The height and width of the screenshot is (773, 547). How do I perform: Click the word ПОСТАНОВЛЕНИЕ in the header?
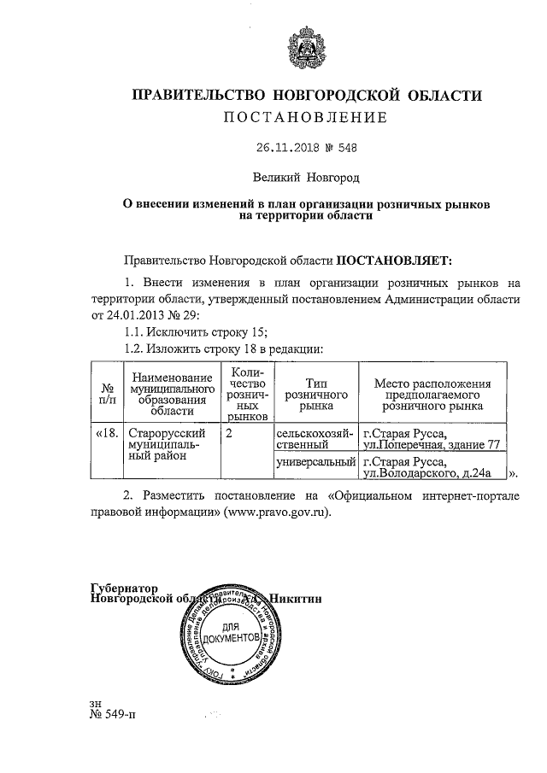[306, 117]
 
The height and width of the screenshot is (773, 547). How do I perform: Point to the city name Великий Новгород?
[306, 178]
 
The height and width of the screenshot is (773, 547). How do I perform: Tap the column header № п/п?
[108, 391]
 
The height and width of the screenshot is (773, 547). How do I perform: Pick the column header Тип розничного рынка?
[309, 391]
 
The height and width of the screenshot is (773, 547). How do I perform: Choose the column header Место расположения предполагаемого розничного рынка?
[433, 391]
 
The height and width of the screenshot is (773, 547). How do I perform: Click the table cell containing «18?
[107, 434]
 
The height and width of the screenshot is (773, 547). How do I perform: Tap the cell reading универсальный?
[315, 462]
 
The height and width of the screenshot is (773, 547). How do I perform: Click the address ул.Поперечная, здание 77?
[431, 445]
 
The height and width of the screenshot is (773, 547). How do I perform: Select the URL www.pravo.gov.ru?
[273, 514]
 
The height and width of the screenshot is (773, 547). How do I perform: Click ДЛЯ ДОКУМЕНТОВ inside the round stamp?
[225, 635]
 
